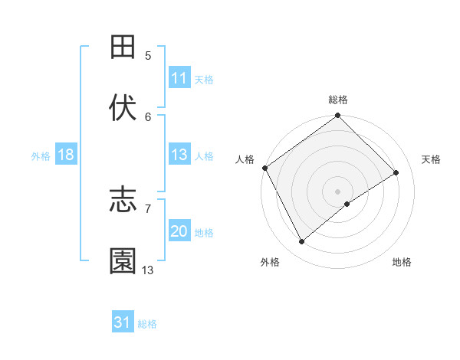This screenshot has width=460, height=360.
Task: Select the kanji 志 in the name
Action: pos(123,201)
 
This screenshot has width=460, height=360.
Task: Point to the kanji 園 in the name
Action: pos(123,261)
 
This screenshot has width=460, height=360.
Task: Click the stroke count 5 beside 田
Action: pos(148,55)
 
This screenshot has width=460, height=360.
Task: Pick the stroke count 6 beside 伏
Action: pos(148,116)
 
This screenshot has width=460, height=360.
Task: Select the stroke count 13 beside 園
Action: pos(148,270)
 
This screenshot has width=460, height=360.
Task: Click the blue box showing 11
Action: pos(179,78)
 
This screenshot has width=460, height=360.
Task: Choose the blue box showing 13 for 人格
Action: pos(179,155)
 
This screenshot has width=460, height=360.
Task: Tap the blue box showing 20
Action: pos(179,231)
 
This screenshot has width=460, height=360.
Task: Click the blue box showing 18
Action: pos(66,155)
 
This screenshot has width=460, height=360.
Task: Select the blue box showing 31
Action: pos(123,322)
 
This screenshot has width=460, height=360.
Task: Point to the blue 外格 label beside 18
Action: pos(41,155)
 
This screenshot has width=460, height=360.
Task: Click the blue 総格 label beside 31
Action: pos(147,324)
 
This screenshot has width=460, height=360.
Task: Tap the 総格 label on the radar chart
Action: pos(338,100)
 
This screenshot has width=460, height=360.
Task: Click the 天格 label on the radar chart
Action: pos(432,159)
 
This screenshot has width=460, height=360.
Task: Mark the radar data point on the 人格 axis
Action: pos(264,168)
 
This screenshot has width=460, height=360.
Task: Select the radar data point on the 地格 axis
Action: pos(347,204)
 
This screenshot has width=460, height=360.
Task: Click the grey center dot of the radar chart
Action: pos(337,191)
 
